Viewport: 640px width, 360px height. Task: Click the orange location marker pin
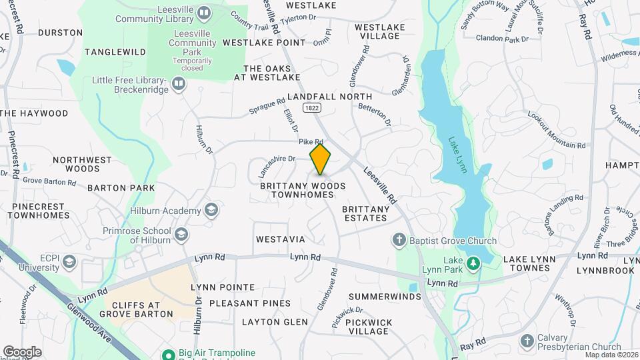click(321, 159)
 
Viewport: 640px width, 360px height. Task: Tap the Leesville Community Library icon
click(205, 12)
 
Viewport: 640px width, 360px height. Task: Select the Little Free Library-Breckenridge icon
click(178, 84)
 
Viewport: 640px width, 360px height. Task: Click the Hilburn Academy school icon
click(211, 211)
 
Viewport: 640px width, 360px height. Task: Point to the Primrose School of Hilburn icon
click(181, 234)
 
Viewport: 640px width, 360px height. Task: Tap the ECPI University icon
click(69, 261)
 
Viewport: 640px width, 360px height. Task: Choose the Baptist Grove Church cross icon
click(399, 240)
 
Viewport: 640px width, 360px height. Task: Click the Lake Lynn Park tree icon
click(473, 264)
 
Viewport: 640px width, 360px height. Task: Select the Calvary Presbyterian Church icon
click(527, 341)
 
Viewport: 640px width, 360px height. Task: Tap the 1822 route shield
click(311, 107)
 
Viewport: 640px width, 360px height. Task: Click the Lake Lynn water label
click(458, 155)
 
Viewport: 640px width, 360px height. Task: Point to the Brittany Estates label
click(365, 213)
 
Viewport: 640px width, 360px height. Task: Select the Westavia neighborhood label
click(280, 239)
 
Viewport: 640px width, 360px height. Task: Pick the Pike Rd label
click(311, 141)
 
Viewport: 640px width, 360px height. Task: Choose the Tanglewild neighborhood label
click(115, 51)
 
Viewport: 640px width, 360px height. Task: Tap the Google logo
click(22, 351)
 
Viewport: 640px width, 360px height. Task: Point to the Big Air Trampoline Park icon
click(168, 353)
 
